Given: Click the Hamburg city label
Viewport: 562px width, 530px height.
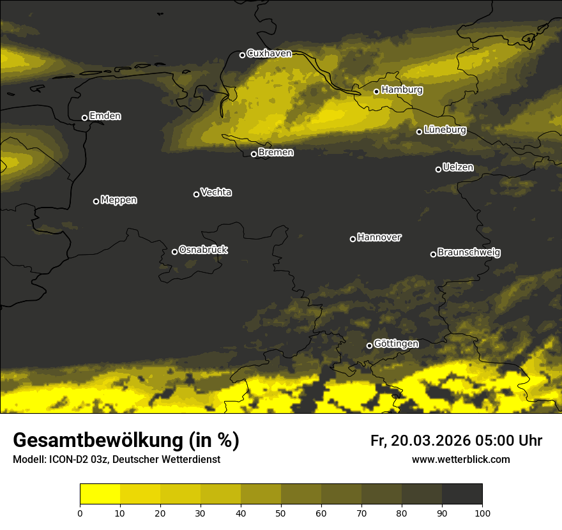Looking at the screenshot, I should tap(402, 90).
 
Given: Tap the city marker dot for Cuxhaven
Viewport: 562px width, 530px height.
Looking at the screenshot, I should tap(242, 55).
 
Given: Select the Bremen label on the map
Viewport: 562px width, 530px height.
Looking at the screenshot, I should tap(276, 153).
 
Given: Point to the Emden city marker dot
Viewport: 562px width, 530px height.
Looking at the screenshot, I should tap(84, 117).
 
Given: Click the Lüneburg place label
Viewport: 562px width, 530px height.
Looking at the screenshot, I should tap(444, 130).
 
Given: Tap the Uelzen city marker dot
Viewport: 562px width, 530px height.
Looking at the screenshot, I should tap(438, 169).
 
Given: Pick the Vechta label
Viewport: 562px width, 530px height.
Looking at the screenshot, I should tap(216, 192).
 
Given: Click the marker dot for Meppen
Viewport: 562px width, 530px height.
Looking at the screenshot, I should tap(96, 201).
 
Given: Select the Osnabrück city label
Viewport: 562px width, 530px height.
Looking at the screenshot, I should tap(203, 250).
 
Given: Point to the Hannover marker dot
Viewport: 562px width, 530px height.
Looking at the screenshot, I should tap(353, 239).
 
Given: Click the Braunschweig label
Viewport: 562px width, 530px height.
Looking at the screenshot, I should tap(469, 253).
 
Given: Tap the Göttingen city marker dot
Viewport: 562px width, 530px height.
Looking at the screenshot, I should tap(369, 346).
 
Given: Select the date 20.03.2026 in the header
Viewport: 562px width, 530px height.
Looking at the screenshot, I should tap(430, 441).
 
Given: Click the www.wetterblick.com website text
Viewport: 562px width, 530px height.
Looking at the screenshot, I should tap(460, 459).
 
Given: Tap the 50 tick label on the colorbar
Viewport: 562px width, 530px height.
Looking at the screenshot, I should tap(281, 512).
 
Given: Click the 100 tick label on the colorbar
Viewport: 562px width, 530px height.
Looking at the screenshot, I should tap(482, 512).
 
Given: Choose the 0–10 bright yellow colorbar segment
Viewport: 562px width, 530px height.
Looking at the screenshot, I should tap(100, 494).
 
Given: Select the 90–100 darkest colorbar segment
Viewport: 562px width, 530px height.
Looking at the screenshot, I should tap(462, 494).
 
